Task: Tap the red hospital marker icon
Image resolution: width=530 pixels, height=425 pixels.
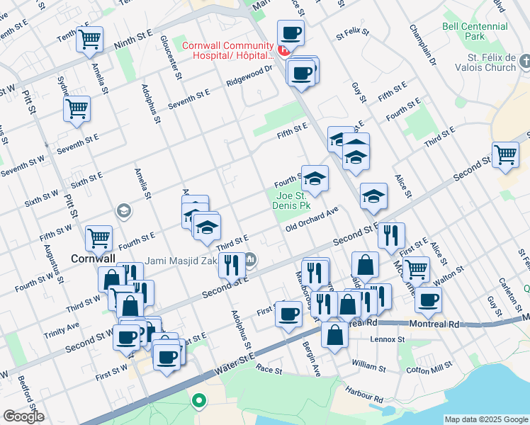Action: coord(283,50)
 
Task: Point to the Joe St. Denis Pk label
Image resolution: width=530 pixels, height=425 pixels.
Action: coord(291,201)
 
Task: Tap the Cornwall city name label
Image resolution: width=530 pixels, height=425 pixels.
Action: coord(89,259)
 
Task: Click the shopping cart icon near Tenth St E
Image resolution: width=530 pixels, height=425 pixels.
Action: coord(90,40)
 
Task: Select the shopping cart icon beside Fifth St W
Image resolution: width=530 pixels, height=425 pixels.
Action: coord(98,239)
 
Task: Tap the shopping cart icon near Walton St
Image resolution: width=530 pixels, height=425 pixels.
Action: coord(416,269)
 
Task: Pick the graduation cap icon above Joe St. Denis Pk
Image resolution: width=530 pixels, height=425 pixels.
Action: coord(315,178)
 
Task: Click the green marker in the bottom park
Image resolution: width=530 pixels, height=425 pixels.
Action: coord(198,401)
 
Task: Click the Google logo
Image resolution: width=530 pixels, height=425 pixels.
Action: coord(24,416)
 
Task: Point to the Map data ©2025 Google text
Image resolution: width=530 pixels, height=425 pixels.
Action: coord(485,419)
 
